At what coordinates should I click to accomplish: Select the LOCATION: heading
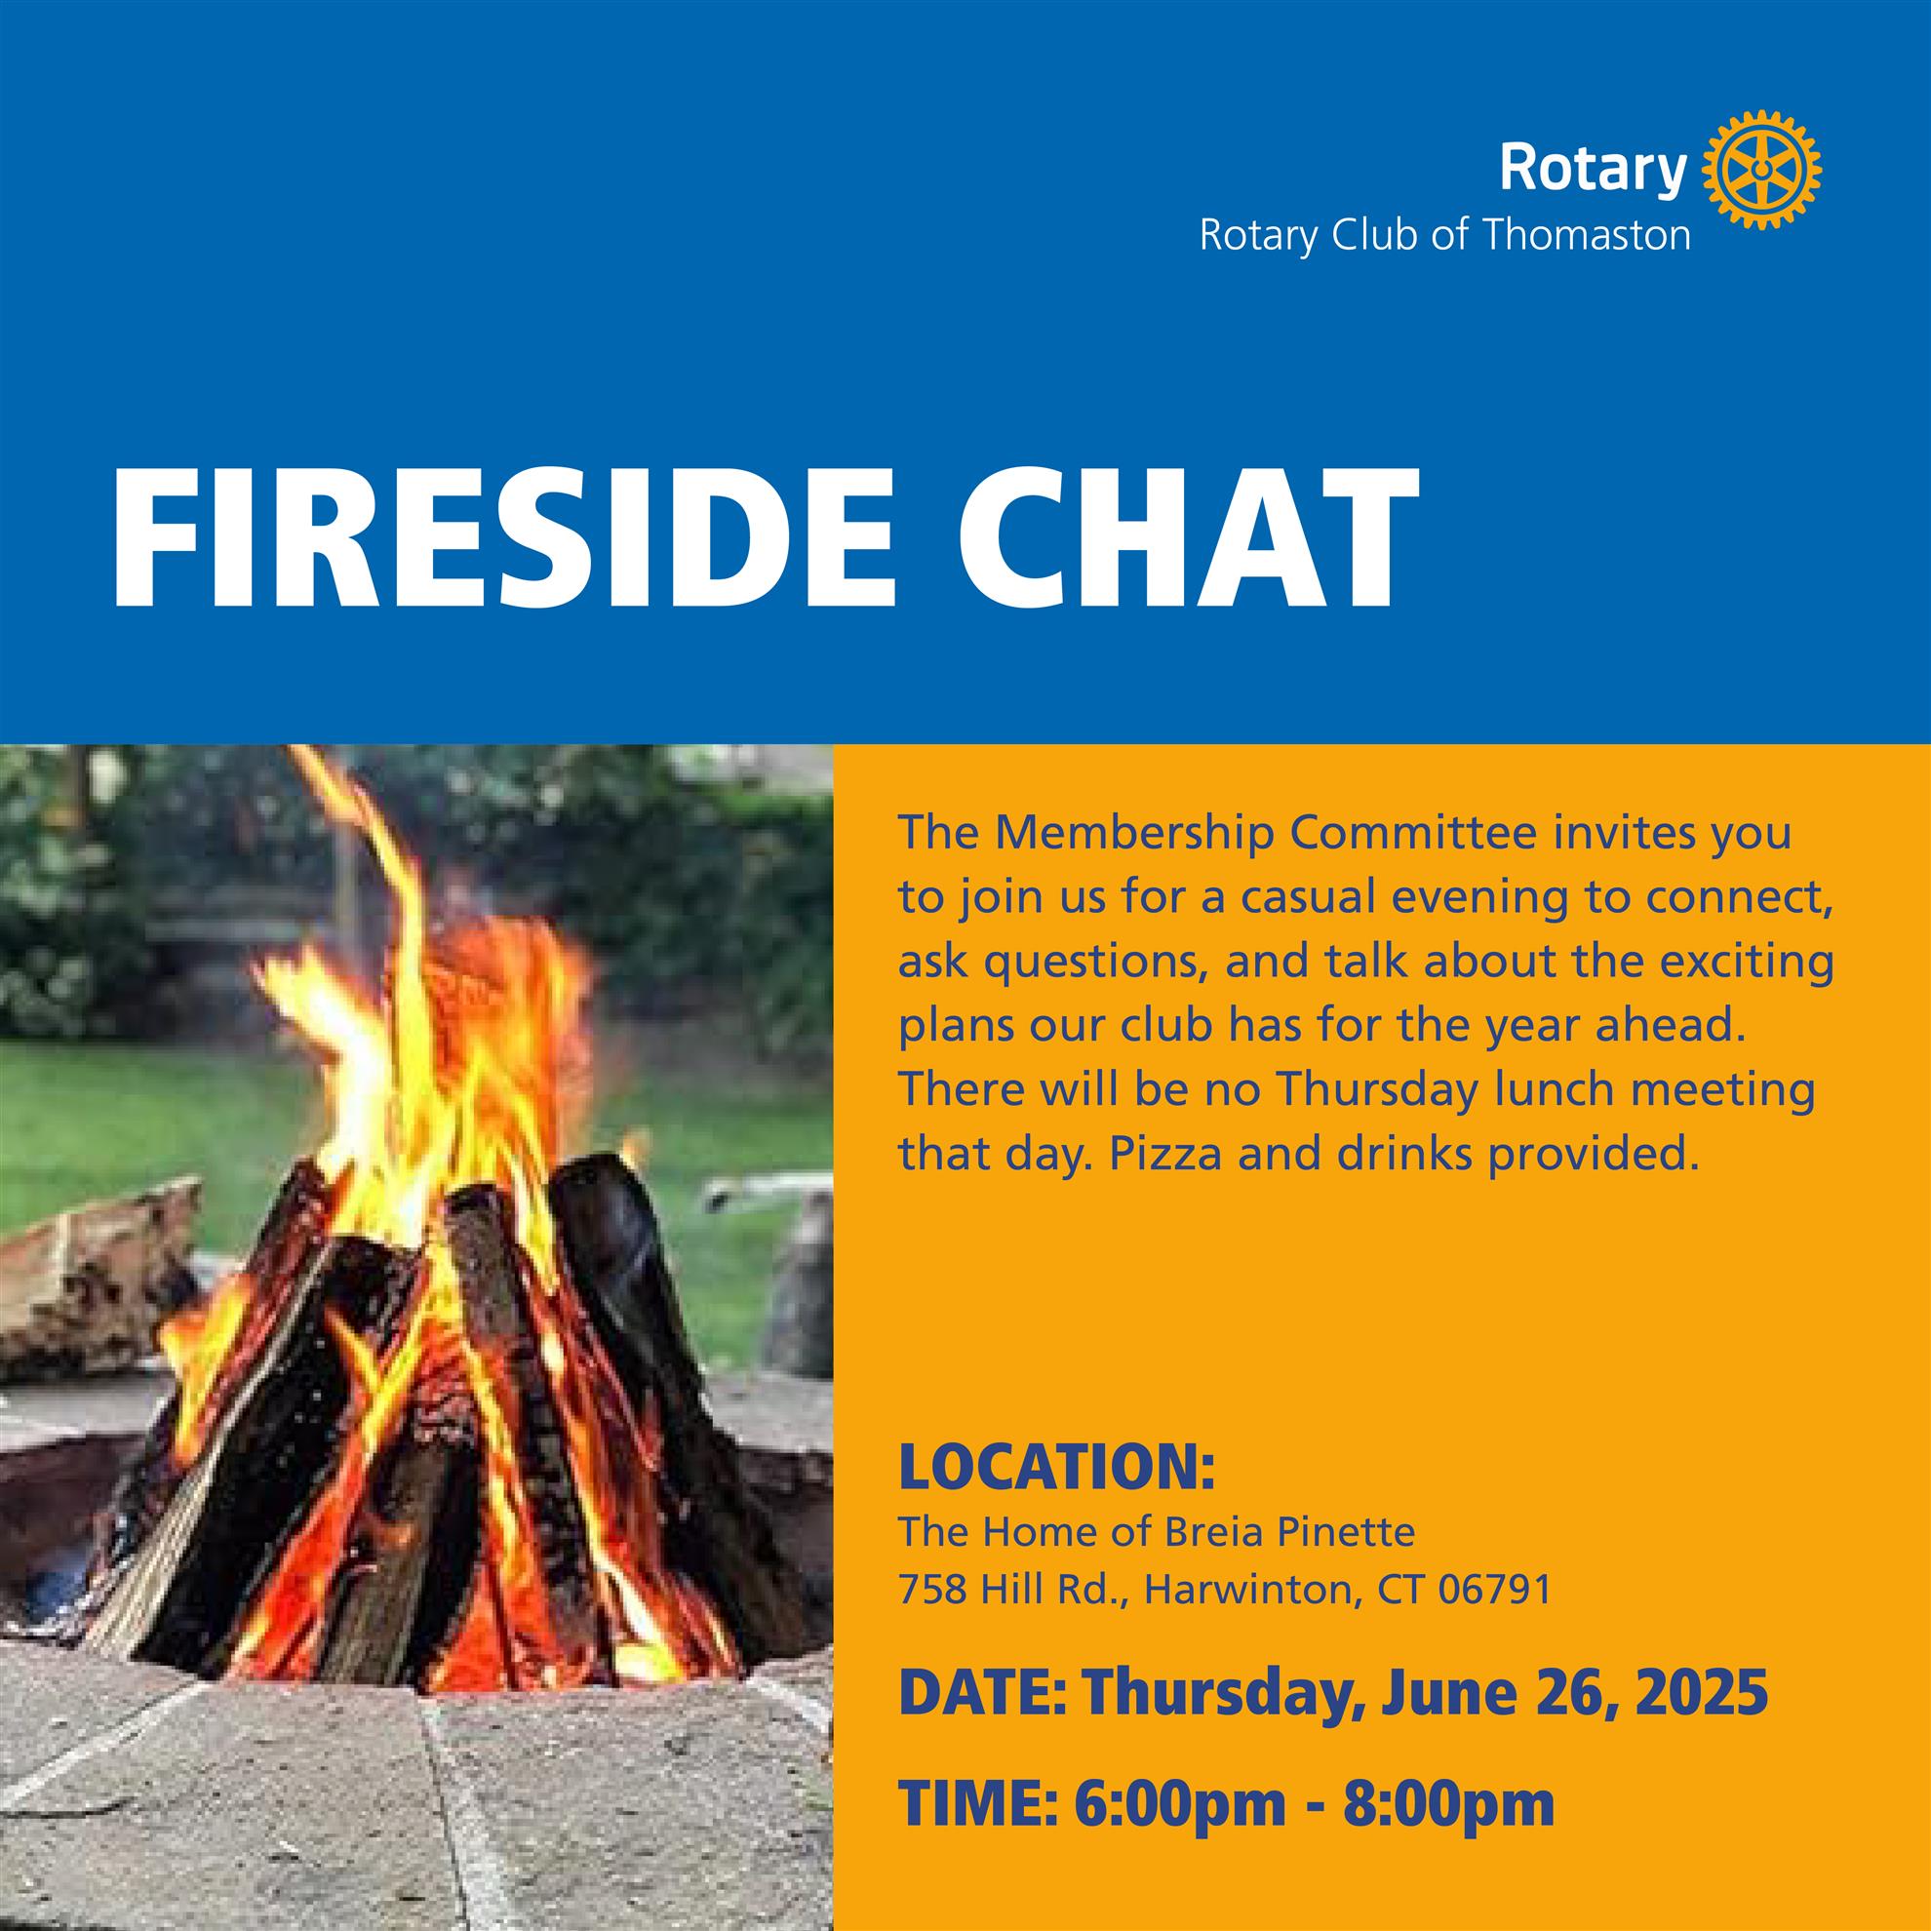pyautogui.click(x=1057, y=1468)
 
